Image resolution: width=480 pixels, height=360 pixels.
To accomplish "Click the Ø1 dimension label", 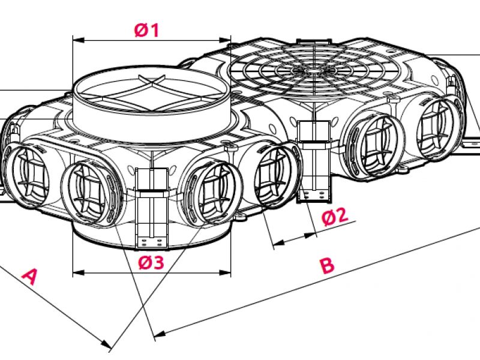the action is point(146,31).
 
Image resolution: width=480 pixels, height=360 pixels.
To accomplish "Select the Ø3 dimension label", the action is point(151,263).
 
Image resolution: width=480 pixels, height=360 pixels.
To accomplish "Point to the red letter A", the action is point(29,276).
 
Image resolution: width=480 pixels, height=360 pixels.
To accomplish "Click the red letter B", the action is point(327,265).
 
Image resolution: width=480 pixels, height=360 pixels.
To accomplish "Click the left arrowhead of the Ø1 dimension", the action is point(79,40).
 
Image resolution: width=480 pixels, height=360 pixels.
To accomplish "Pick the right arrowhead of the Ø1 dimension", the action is point(224,40).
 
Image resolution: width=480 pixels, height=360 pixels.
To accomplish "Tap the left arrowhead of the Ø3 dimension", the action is point(79,272).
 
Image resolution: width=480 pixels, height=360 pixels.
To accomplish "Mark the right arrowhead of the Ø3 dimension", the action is point(224,272).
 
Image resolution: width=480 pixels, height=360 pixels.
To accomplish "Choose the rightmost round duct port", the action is point(439,130).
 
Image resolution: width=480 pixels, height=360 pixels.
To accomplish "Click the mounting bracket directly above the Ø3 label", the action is point(152,208).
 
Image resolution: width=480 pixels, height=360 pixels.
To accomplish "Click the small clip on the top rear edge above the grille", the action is point(314,42).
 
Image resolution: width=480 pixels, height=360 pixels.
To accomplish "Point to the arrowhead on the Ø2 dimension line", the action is point(311,235).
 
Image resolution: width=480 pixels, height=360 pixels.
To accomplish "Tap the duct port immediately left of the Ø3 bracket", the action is point(91,193).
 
